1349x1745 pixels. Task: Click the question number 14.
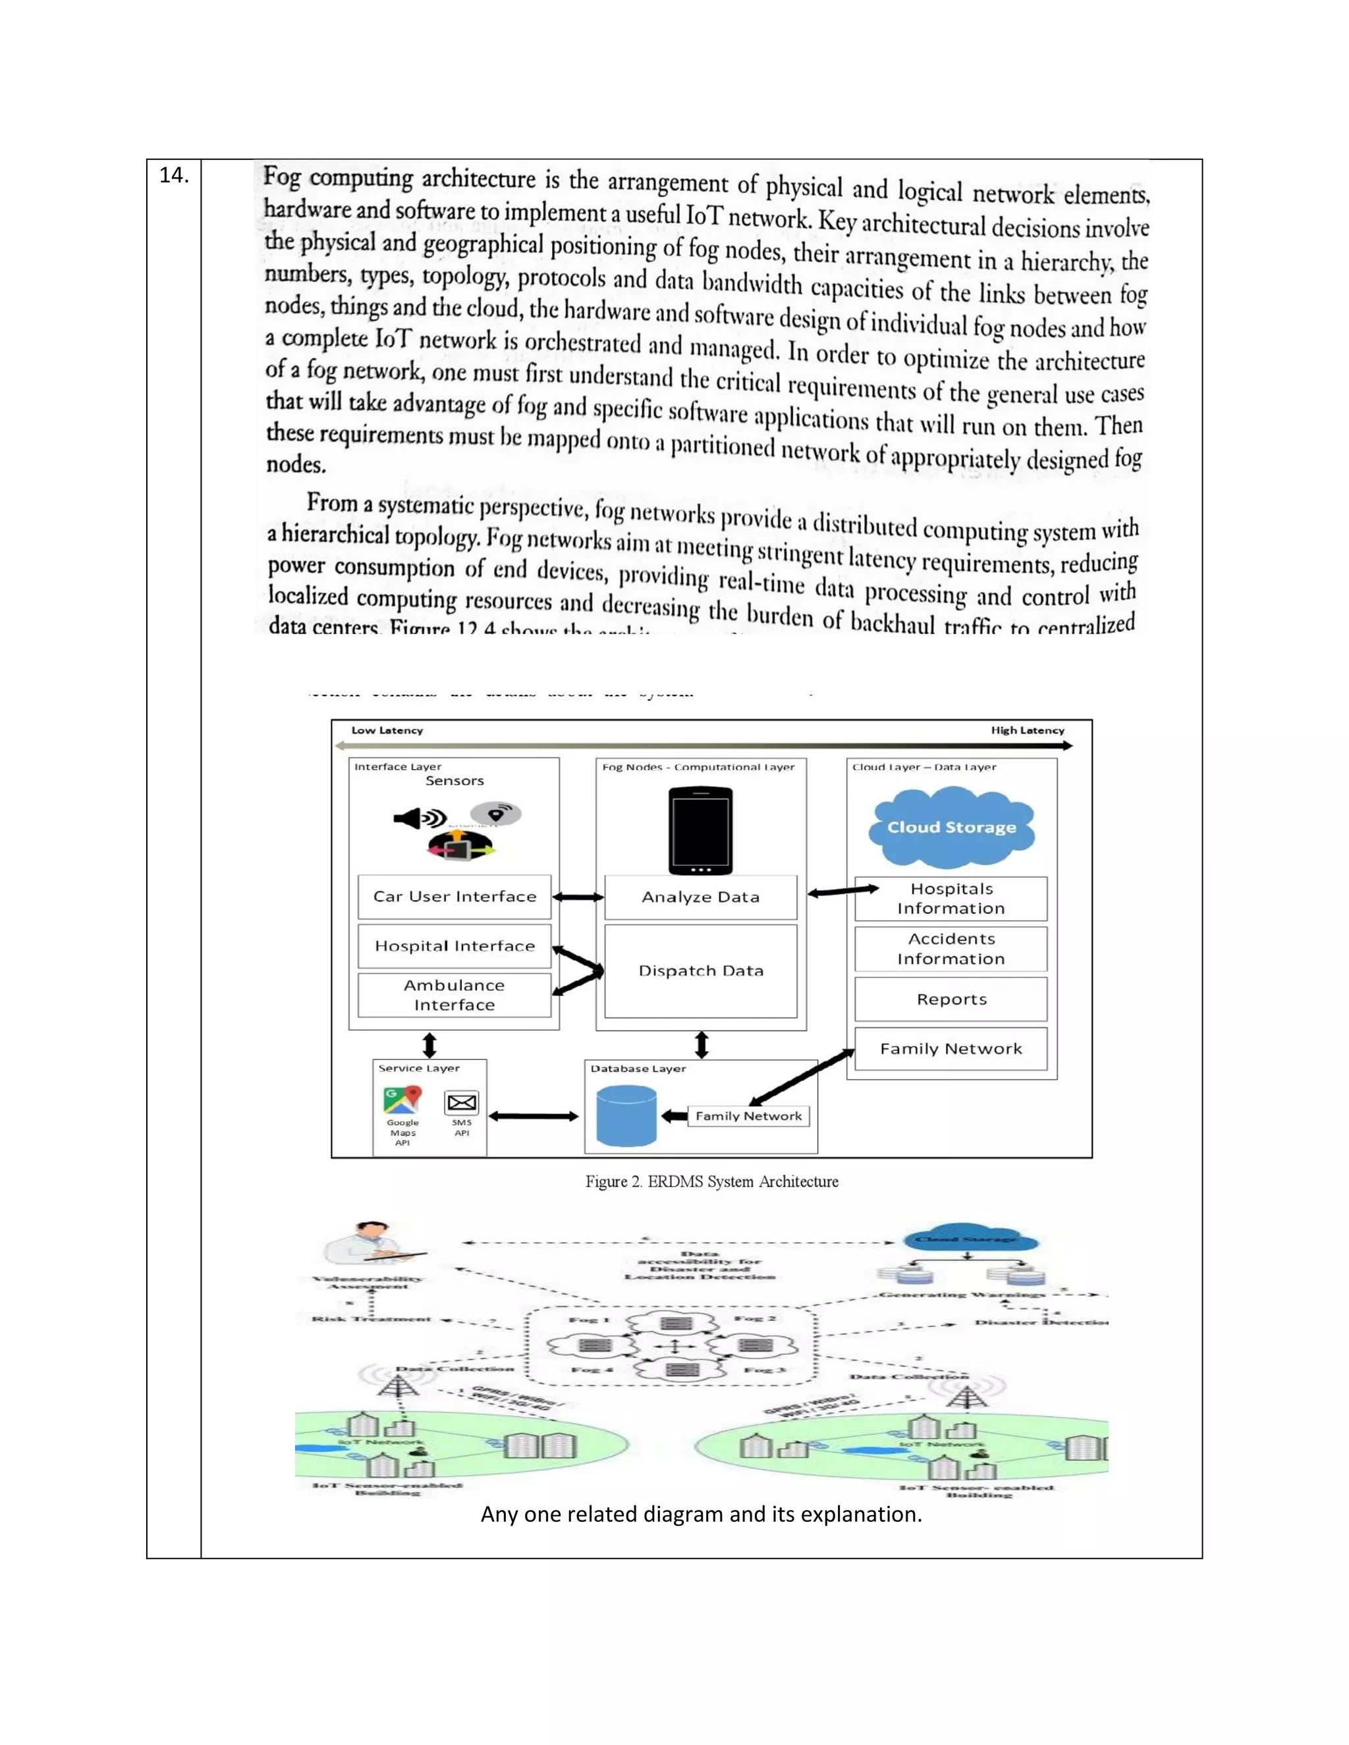(173, 176)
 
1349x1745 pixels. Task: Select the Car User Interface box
(454, 896)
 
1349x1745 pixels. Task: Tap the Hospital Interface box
(454, 946)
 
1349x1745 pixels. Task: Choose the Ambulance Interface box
(454, 995)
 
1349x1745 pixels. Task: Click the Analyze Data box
(700, 898)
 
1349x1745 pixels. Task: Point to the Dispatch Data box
(700, 971)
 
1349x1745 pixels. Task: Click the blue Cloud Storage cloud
(951, 828)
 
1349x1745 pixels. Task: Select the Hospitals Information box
(950, 899)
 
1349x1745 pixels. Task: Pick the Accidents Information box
(950, 948)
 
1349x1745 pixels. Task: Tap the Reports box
(950, 1000)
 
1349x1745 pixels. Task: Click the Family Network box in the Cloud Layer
(950, 1049)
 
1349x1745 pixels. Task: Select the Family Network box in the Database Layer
(748, 1116)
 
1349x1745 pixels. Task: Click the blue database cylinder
(626, 1116)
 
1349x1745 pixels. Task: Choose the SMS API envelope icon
(462, 1104)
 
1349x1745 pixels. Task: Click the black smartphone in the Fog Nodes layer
(700, 831)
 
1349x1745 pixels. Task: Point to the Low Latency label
(387, 730)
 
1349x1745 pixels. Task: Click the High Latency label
(1027, 730)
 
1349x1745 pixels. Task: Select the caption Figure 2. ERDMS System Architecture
(711, 1182)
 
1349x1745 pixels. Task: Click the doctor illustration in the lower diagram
(373, 1243)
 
